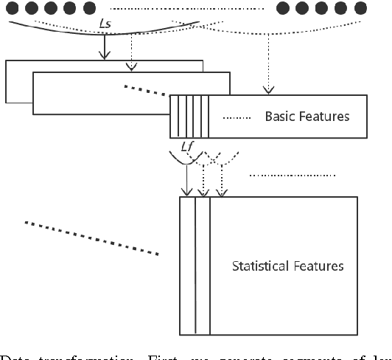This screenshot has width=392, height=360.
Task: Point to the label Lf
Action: [x=187, y=146]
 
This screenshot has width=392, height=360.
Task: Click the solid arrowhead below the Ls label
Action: [x=105, y=55]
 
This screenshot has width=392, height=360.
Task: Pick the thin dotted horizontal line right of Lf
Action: [x=293, y=176]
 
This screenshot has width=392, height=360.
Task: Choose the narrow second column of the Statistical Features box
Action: [x=203, y=266]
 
